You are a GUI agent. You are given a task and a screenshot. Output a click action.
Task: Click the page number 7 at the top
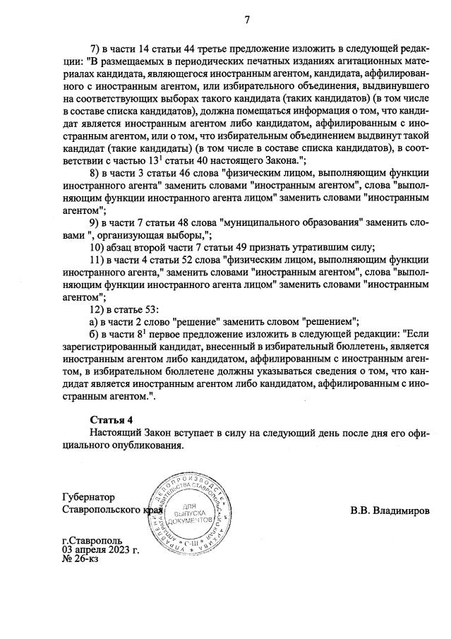coord(247,19)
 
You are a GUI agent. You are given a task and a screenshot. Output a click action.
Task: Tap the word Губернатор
coord(88,497)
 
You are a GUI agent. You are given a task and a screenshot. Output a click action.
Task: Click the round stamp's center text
coord(191,513)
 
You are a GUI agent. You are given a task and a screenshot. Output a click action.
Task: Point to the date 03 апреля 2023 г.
coord(100,549)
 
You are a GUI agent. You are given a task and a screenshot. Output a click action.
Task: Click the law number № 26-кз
coord(80,559)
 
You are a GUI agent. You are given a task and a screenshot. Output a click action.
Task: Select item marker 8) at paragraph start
coord(95,172)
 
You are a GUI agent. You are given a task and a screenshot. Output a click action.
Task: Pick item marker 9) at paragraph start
coord(95,222)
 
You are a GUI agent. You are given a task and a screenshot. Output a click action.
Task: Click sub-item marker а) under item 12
coord(95,321)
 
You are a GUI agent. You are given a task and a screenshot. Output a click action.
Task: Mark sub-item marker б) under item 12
coord(95,334)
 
